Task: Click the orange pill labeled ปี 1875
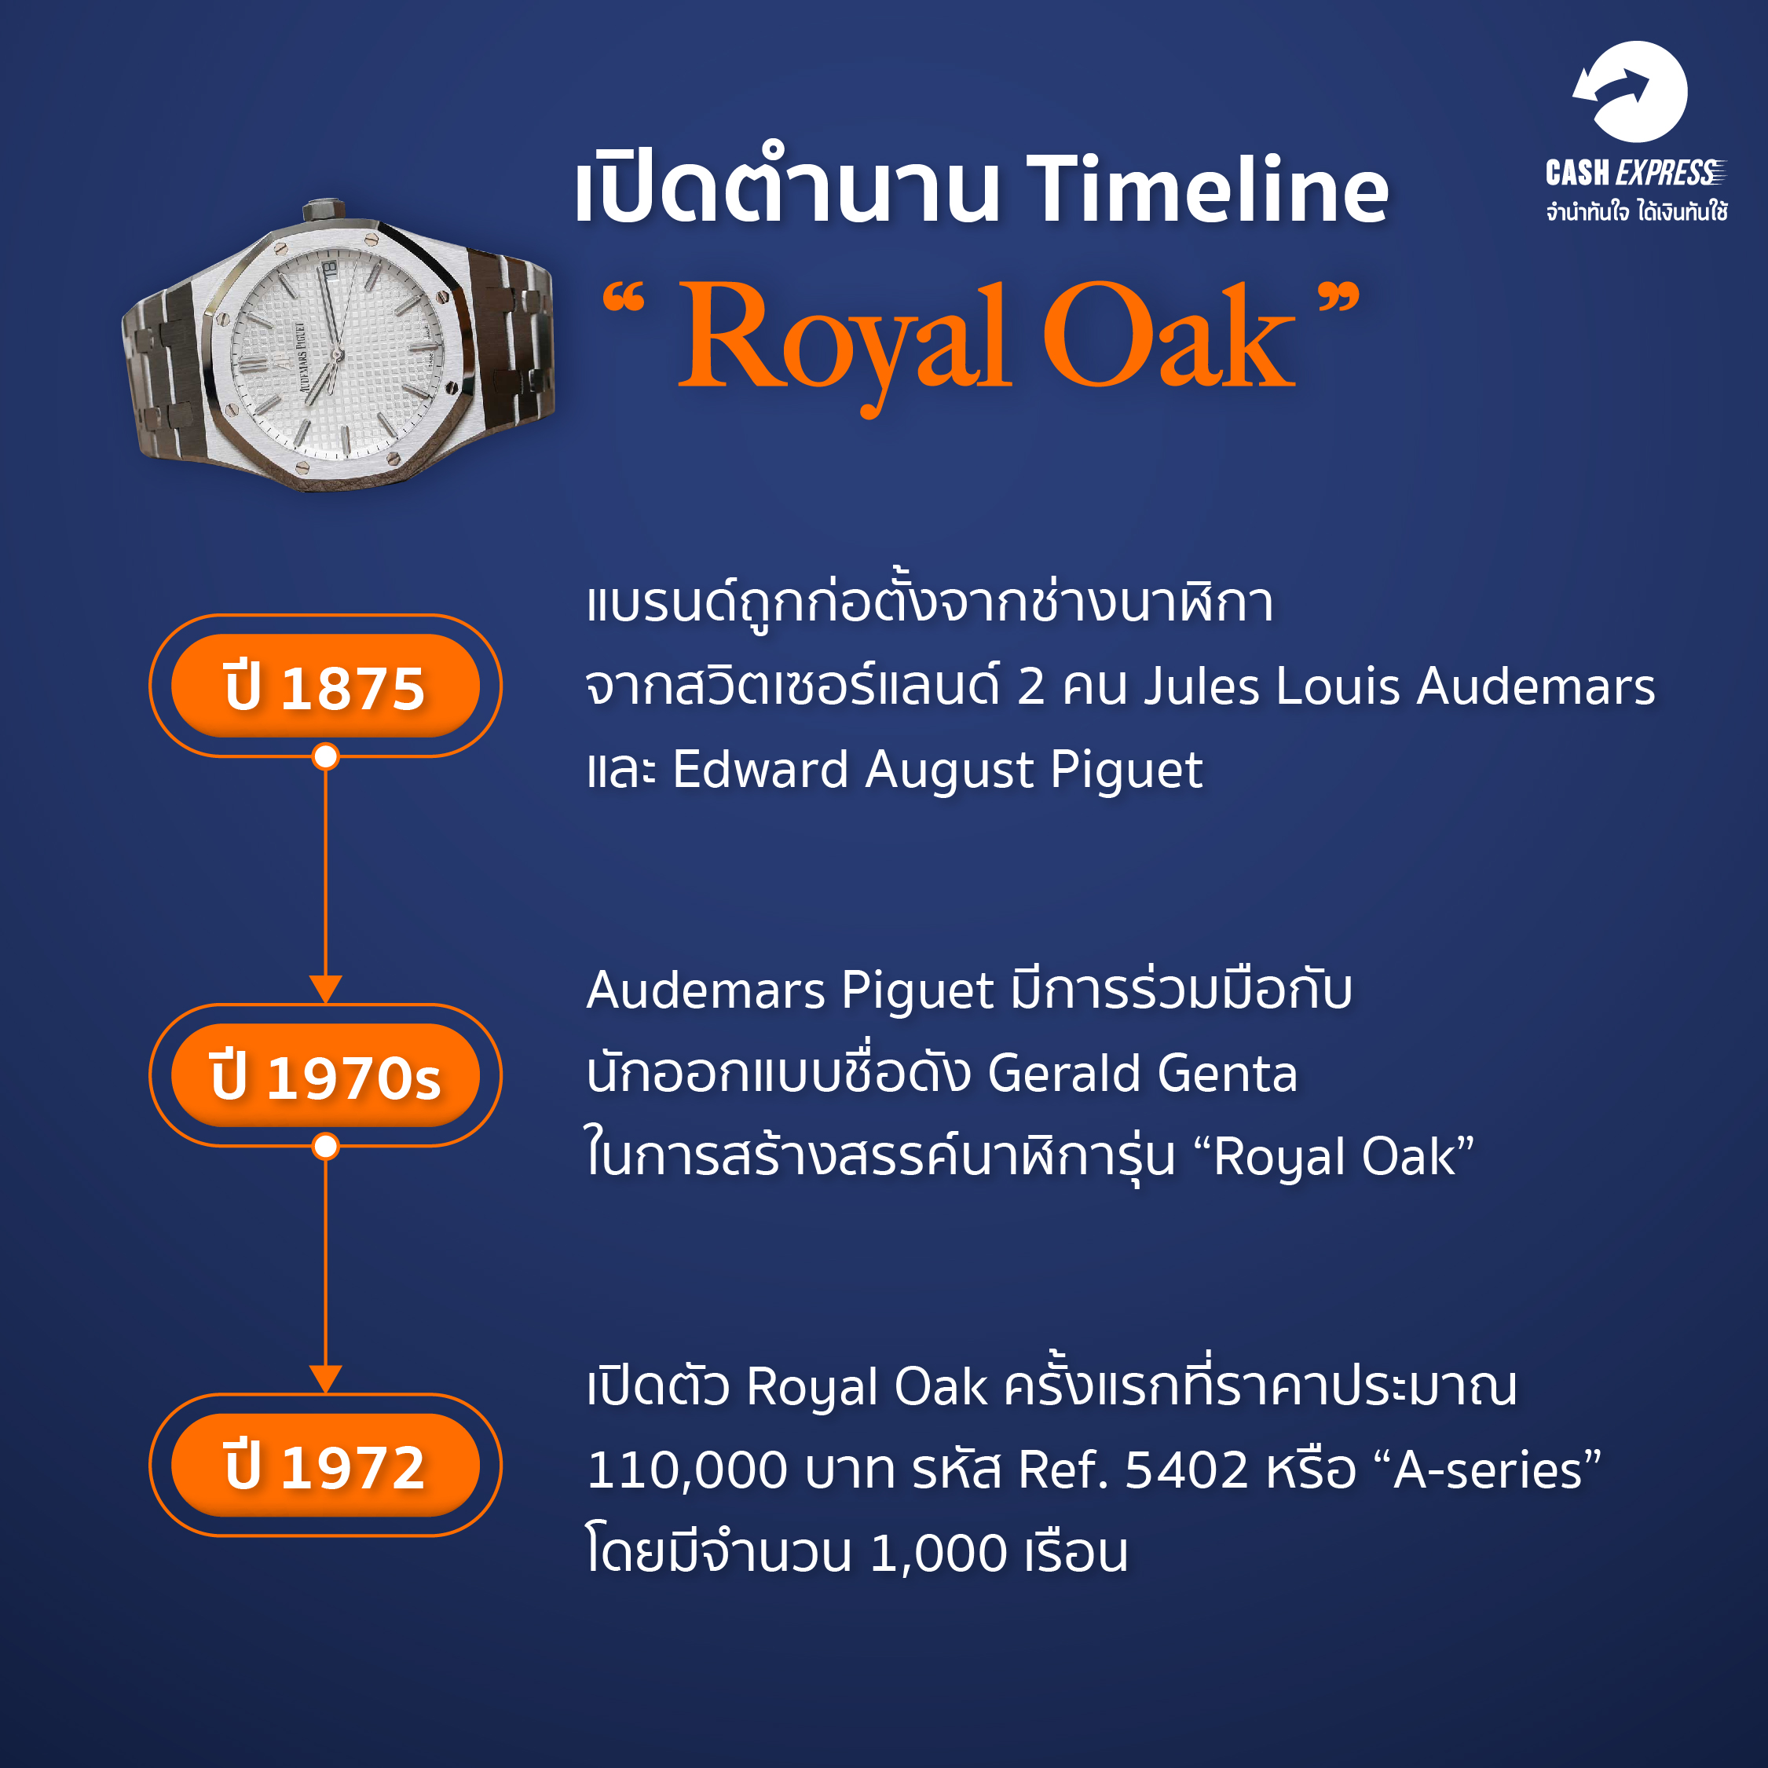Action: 325,686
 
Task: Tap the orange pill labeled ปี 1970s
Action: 325,1075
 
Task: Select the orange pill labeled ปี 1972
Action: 325,1465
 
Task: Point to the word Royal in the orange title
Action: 844,343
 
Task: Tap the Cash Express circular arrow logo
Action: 1630,92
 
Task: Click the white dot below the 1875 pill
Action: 325,757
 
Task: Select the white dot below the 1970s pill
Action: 325,1147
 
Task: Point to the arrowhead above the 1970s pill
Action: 325,989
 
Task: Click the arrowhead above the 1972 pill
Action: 325,1379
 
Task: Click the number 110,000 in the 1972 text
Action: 686,1470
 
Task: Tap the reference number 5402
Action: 1186,1470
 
